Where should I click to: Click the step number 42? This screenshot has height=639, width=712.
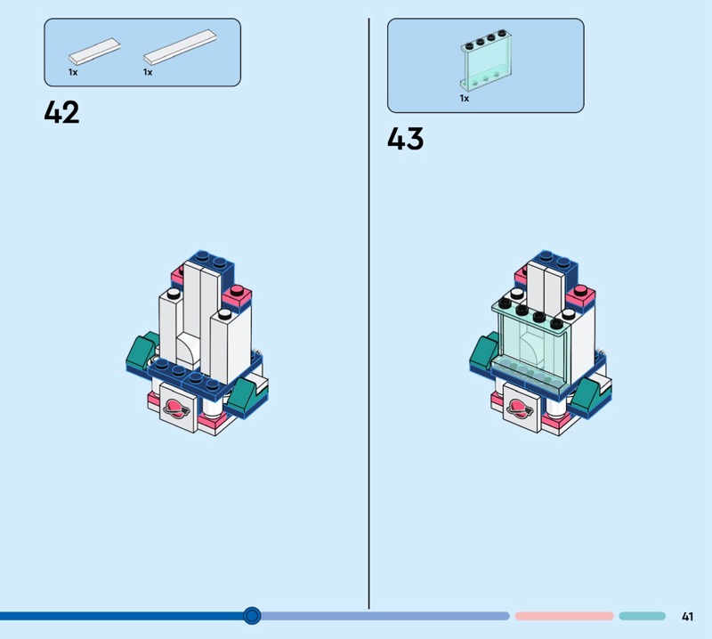[x=61, y=112]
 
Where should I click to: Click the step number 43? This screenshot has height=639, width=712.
[x=406, y=139]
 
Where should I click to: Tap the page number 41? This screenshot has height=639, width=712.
[x=687, y=616]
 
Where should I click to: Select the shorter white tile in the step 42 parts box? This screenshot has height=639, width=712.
[x=94, y=51]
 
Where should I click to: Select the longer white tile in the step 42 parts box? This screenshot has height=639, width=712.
[x=180, y=47]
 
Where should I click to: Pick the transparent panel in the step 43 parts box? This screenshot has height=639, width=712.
[x=486, y=60]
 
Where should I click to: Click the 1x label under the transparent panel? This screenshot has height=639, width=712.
[x=464, y=98]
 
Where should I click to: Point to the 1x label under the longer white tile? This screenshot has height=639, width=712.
[x=148, y=72]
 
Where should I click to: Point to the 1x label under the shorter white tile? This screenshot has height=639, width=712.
[x=73, y=72]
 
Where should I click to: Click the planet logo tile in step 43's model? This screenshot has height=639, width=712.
[x=522, y=408]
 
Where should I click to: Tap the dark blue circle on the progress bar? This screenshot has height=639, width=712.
[x=252, y=616]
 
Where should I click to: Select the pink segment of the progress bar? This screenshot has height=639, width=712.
[x=564, y=616]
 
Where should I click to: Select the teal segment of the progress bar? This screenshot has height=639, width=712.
[x=642, y=616]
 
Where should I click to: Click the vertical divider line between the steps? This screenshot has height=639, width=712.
[x=368, y=313]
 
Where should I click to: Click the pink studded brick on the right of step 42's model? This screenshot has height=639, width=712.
[x=237, y=296]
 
